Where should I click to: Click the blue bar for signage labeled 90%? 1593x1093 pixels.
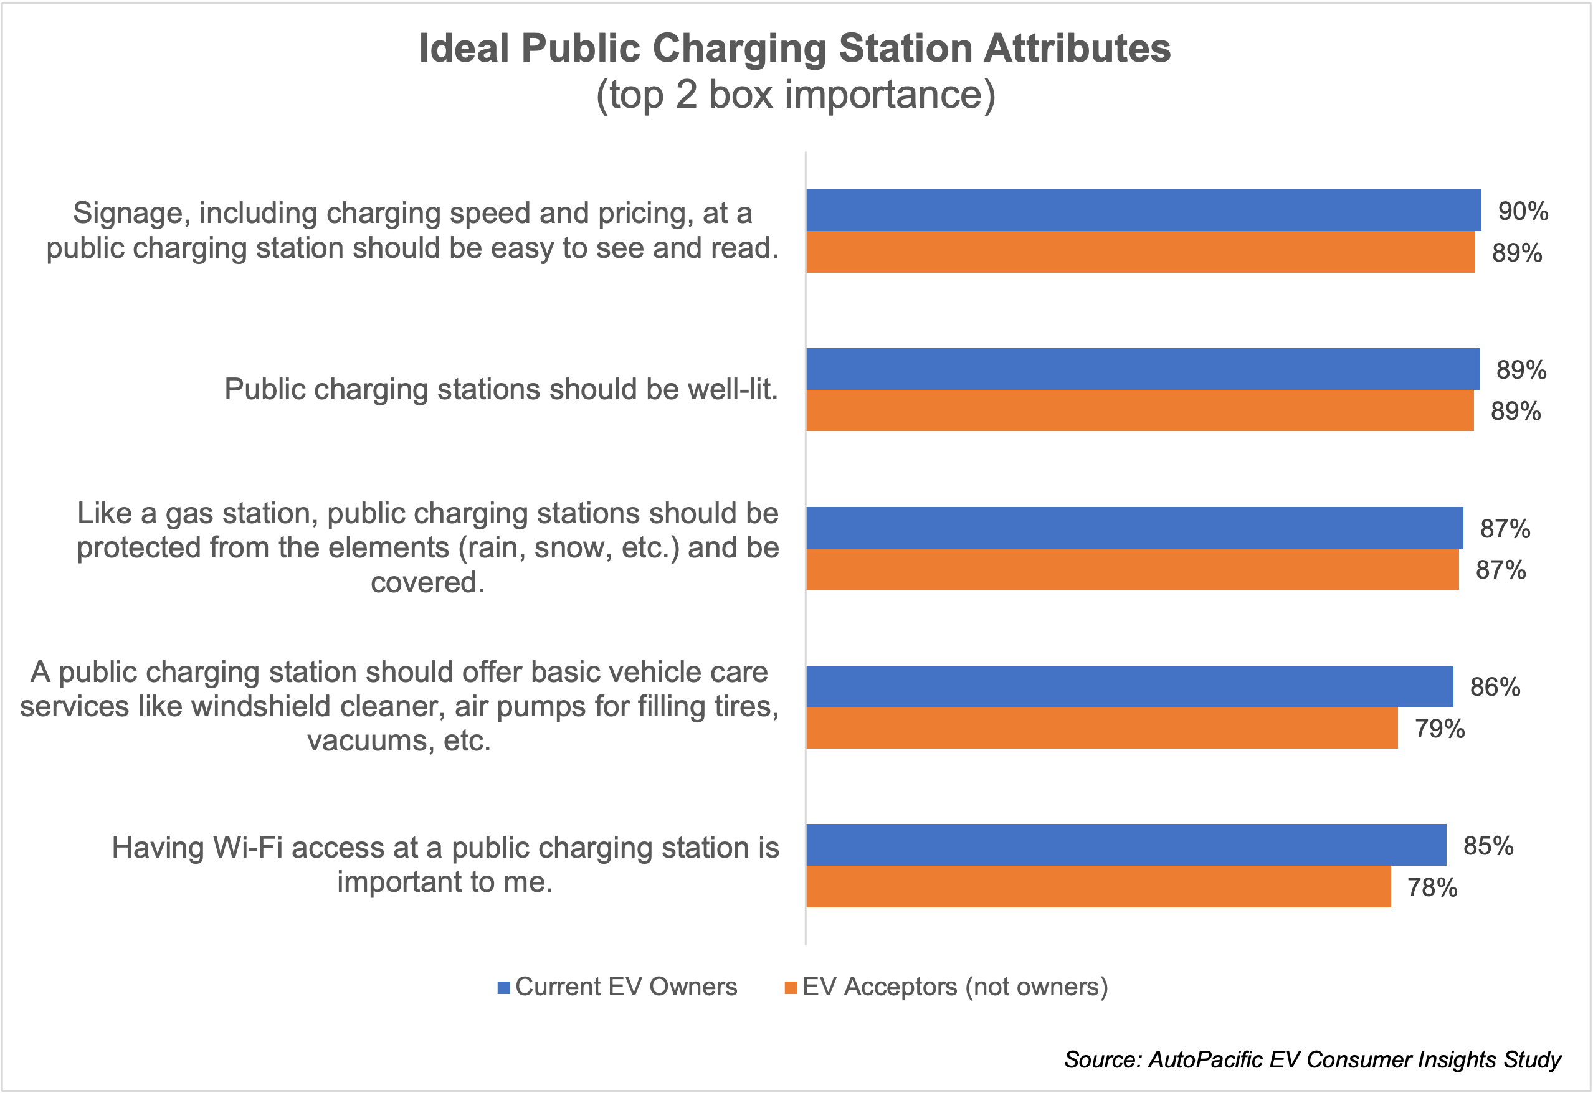coord(1143,211)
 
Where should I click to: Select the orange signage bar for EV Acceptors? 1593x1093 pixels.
coord(1140,252)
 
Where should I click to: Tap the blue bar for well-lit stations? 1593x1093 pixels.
coord(1142,369)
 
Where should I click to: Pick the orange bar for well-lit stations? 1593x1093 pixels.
coord(1139,410)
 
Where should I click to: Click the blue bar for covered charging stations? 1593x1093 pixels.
coord(1134,528)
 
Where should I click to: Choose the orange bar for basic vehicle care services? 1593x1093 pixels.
coord(1101,728)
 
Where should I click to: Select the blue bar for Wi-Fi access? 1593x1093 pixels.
coord(1126,845)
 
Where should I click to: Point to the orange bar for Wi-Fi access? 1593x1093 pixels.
coord(1098,887)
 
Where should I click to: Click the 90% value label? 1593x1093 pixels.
coord(1523,211)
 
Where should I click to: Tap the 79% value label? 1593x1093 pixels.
coord(1440,729)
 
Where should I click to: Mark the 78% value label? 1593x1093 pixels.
coord(1433,887)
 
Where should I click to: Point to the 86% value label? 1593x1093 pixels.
coord(1495,687)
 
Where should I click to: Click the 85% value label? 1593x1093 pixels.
coord(1488,846)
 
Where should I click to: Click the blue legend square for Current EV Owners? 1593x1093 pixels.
coord(504,988)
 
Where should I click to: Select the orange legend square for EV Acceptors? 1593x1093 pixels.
coord(791,988)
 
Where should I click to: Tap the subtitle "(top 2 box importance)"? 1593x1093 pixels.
coord(795,95)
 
